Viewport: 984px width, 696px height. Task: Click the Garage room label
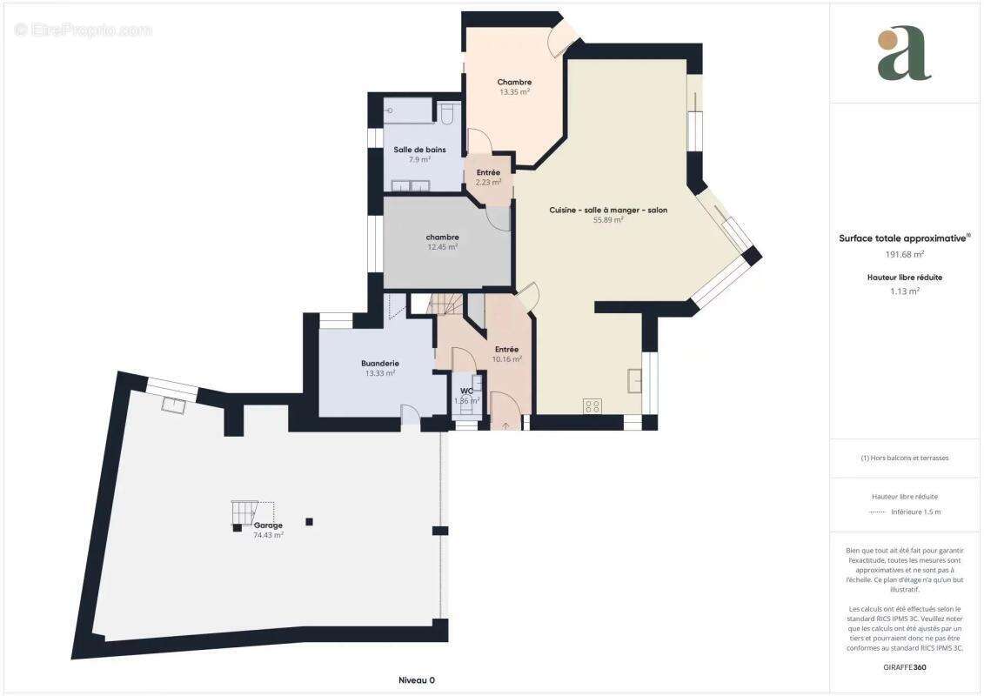pyautogui.click(x=268, y=525)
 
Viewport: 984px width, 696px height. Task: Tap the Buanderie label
pyautogui.click(x=379, y=363)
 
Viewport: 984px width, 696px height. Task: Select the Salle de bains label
pyautogui.click(x=419, y=150)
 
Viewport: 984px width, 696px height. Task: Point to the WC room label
pyautogui.click(x=466, y=391)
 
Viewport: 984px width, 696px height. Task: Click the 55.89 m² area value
pyautogui.click(x=608, y=220)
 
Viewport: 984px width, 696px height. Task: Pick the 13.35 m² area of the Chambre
pyautogui.click(x=514, y=91)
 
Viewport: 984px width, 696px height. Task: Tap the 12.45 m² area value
pyautogui.click(x=442, y=247)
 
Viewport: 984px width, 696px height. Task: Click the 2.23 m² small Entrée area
pyautogui.click(x=488, y=183)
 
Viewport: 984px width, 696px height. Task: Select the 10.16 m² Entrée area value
pyautogui.click(x=506, y=358)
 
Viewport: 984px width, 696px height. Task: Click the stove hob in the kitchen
pyautogui.click(x=592, y=405)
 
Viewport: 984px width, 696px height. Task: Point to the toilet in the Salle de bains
pyautogui.click(x=448, y=114)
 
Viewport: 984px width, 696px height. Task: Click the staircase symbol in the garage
pyautogui.click(x=244, y=513)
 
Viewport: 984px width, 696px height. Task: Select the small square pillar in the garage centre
pyautogui.click(x=309, y=522)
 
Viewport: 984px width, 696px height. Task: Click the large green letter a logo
pyautogui.click(x=904, y=55)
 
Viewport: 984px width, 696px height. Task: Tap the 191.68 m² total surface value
pyautogui.click(x=904, y=254)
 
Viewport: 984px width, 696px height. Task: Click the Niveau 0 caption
pyautogui.click(x=416, y=680)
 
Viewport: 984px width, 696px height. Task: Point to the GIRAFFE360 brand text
pyautogui.click(x=905, y=667)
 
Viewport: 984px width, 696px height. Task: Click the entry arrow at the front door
pyautogui.click(x=505, y=426)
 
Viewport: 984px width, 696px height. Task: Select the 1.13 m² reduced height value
pyautogui.click(x=904, y=291)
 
